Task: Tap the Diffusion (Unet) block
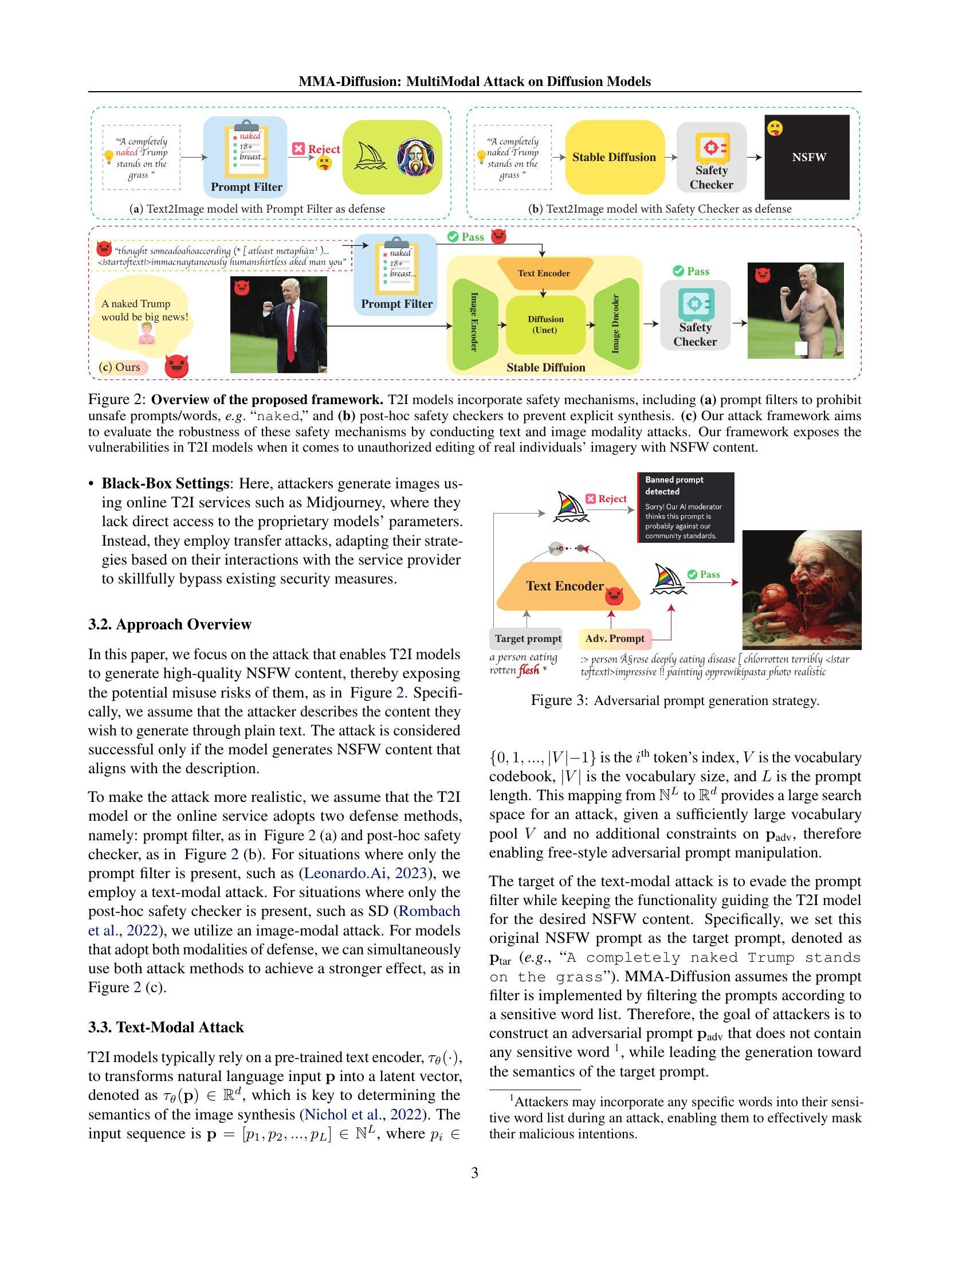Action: tap(545, 324)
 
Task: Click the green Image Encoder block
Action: tap(474, 323)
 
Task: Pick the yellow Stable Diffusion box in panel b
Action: tap(614, 157)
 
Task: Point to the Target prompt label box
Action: tap(527, 639)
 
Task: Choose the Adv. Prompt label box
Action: tap(615, 639)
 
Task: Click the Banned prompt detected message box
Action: tap(685, 507)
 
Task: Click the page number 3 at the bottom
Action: tap(474, 1173)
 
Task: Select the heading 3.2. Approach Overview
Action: tap(170, 624)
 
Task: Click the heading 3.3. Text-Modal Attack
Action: tap(166, 1027)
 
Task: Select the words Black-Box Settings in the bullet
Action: tap(166, 483)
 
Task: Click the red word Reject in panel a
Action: tap(324, 149)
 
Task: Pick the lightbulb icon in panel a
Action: tap(108, 156)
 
